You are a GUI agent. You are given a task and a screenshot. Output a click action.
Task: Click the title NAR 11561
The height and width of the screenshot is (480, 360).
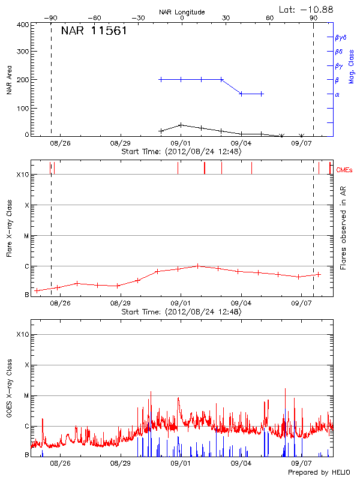[94, 31]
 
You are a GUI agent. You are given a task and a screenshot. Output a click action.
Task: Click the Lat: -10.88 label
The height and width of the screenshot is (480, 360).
[307, 9]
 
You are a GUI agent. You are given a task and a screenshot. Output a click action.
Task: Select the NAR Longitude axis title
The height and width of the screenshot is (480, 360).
[182, 12]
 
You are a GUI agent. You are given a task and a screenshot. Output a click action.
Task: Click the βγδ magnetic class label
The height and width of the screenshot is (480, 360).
[340, 37]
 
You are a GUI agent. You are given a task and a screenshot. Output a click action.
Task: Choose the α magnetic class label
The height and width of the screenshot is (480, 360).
[337, 94]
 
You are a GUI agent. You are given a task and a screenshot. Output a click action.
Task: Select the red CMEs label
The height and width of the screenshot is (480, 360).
[344, 170]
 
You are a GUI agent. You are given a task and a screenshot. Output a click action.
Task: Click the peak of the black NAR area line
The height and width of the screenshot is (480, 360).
[181, 125]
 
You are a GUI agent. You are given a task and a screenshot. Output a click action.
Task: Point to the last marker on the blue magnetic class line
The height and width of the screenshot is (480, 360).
[262, 94]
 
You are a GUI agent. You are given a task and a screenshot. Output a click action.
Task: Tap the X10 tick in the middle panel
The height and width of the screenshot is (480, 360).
[23, 175]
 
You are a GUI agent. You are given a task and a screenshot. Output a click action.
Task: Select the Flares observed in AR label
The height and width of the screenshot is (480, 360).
[343, 227]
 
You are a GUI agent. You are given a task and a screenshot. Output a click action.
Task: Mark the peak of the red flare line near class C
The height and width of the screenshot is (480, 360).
[197, 265]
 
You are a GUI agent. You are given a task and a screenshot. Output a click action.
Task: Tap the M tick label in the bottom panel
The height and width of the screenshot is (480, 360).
[26, 396]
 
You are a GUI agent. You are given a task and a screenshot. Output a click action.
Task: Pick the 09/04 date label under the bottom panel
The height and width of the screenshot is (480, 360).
[241, 463]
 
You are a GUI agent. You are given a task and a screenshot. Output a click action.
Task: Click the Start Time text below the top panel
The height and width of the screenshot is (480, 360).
[181, 152]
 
